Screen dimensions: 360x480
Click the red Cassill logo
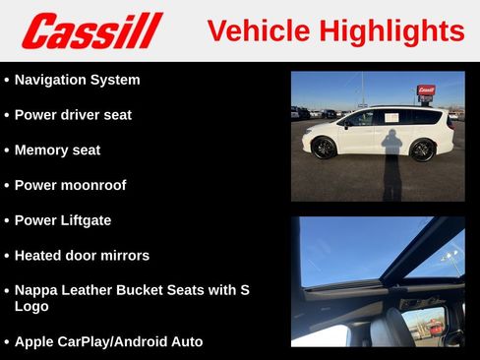[90, 30]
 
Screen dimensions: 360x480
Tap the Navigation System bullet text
[77, 80]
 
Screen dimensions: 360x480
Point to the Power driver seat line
[73, 115]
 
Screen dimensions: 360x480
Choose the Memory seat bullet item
[57, 150]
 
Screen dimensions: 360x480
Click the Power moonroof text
[70, 185]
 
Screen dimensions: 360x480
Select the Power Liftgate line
[63, 220]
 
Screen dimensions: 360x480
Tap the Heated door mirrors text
[82, 256]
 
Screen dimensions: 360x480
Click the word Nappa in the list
[37, 290]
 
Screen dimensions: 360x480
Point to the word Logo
[31, 306]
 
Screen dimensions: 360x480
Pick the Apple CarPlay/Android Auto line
[108, 341]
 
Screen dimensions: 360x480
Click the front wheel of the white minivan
[324, 149]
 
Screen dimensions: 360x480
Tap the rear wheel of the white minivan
[422, 150]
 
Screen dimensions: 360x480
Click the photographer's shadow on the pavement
[391, 162]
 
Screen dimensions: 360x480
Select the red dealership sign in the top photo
[425, 90]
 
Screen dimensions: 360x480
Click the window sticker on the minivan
[391, 117]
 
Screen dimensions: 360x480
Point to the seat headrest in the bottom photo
[392, 326]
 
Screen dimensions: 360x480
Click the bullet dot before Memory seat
[8, 150]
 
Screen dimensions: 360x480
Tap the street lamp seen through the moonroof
[450, 258]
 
